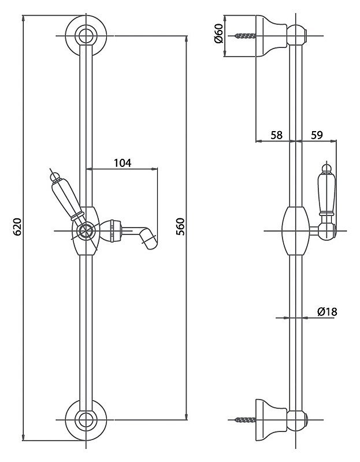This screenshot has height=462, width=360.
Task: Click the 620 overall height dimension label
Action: click(x=18, y=227)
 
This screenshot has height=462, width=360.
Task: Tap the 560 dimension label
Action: click(x=180, y=227)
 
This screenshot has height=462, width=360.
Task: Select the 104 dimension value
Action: click(x=123, y=163)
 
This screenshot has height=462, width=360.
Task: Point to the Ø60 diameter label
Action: click(x=219, y=33)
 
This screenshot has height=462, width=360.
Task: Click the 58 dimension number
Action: click(x=277, y=135)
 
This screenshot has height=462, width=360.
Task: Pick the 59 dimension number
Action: click(x=317, y=135)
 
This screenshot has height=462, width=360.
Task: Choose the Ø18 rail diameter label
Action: click(x=326, y=311)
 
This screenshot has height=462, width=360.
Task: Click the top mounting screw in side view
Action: click(x=245, y=36)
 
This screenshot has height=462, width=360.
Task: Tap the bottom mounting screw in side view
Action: click(x=245, y=420)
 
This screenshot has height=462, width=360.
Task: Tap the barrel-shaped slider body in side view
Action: click(x=296, y=230)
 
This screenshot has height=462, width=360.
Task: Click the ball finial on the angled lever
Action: click(x=55, y=177)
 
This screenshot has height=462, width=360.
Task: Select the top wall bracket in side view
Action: click(x=271, y=36)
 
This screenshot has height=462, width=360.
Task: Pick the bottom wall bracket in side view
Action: click(x=271, y=420)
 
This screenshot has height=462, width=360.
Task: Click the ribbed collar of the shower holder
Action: click(x=116, y=230)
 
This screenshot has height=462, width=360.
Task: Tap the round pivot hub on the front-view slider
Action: click(x=86, y=230)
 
